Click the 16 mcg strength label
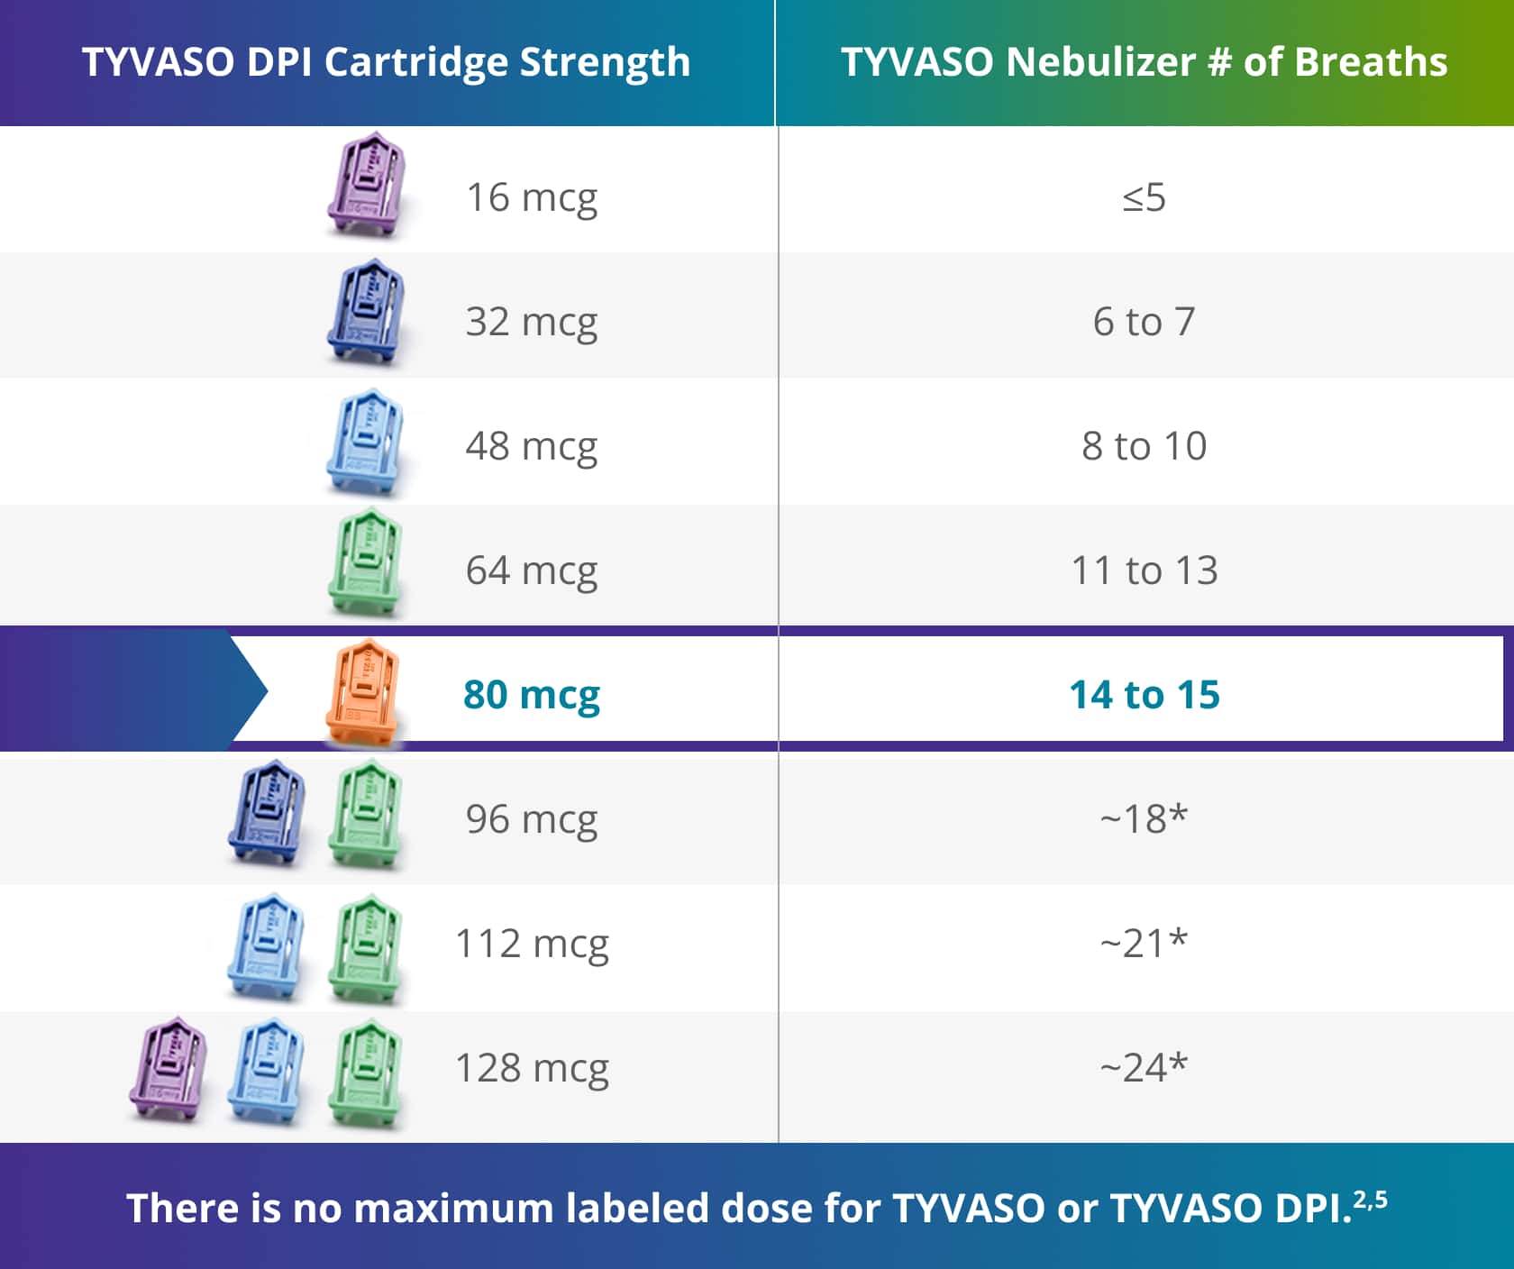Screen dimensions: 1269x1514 pos(531,197)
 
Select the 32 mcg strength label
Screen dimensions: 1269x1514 pos(531,322)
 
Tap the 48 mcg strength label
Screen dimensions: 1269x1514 pos(531,446)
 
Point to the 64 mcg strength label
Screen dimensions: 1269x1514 pos(531,571)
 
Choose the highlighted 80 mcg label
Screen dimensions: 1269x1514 pos(531,695)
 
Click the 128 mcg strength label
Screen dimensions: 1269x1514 pos(532,1068)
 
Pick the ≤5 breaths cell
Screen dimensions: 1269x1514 pos(1144,197)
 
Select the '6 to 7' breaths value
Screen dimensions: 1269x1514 pos(1144,322)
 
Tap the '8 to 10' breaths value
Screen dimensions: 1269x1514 pos(1144,446)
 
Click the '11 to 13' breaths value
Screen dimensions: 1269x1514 pos(1144,571)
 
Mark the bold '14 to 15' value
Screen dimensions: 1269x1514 pos(1144,695)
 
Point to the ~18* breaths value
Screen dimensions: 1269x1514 pos(1144,819)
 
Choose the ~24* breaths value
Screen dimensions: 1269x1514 pos(1144,1068)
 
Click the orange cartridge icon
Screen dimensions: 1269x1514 pos(363,692)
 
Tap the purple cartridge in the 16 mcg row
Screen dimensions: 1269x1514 pos(366,186)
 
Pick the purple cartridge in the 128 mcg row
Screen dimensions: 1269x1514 pos(169,1069)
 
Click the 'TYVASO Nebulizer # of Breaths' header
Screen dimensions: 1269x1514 pos(1144,62)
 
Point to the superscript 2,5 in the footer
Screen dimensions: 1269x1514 pos(1370,1200)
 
